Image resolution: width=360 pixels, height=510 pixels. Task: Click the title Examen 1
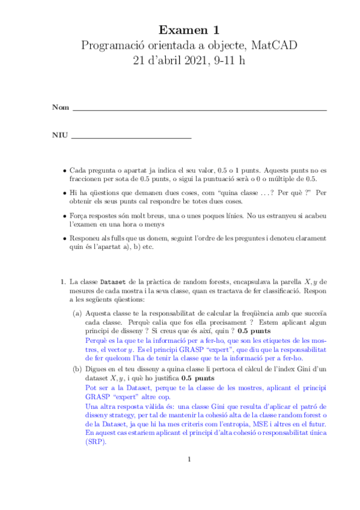(189, 29)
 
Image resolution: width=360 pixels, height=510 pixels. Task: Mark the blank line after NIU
(131, 138)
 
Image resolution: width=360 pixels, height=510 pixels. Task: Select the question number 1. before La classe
(62, 281)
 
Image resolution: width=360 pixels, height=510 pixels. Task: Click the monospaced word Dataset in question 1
(112, 281)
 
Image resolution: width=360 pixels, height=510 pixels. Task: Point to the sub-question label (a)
(78, 313)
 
